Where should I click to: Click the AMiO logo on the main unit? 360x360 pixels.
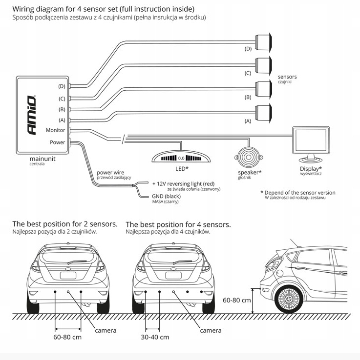(31, 115)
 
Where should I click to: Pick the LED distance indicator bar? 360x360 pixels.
(181, 157)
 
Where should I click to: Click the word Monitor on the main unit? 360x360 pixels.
(55, 130)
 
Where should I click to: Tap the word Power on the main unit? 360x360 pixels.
(58, 142)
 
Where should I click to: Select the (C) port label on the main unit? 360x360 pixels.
(62, 98)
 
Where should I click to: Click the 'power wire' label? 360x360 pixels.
(110, 173)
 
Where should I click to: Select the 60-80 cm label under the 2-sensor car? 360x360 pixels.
(67, 337)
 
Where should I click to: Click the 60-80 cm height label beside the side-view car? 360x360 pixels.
(236, 300)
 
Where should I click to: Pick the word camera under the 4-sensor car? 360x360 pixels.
(211, 330)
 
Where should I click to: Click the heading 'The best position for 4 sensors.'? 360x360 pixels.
(178, 224)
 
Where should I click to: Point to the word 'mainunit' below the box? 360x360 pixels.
(43, 159)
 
